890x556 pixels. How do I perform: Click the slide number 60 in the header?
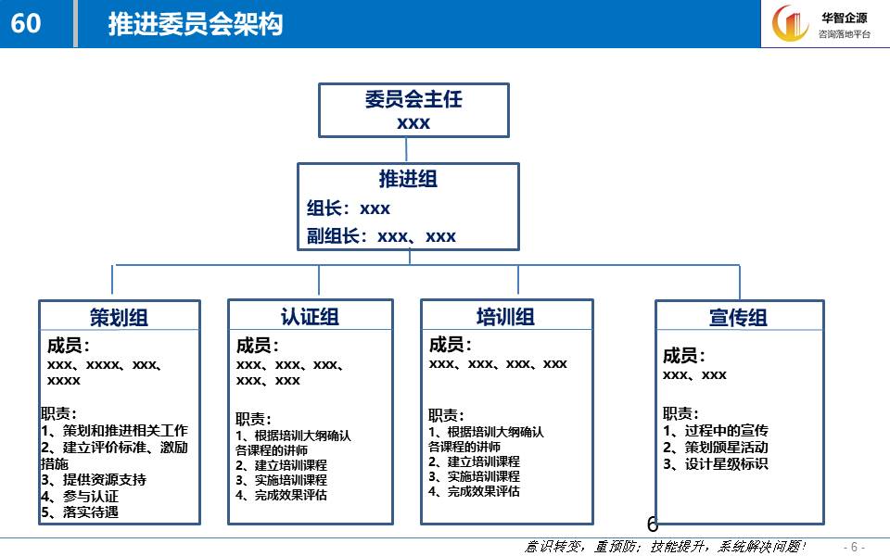click(x=26, y=23)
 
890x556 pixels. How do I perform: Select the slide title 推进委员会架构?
click(x=196, y=24)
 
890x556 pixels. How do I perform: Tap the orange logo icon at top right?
click(x=790, y=23)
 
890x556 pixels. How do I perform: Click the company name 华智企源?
click(x=844, y=18)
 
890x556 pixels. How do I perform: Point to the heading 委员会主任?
click(x=413, y=99)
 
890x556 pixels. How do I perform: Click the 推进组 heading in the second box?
click(x=408, y=179)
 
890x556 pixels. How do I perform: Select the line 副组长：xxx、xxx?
click(x=381, y=236)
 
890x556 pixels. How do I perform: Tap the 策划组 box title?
click(x=119, y=317)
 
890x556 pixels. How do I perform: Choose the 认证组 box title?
click(x=310, y=317)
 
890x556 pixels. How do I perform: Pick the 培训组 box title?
click(x=505, y=317)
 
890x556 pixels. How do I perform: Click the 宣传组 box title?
click(x=739, y=317)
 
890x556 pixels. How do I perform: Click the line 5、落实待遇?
click(x=80, y=512)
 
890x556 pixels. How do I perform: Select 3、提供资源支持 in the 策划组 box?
click(x=93, y=479)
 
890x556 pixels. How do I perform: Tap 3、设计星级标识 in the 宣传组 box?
click(x=715, y=464)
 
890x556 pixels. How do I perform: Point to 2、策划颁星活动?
click(x=715, y=447)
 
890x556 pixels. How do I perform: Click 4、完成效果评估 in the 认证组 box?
click(x=281, y=495)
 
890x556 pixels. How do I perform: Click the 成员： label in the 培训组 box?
click(x=451, y=344)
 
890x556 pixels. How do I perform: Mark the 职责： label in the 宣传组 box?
click(x=680, y=413)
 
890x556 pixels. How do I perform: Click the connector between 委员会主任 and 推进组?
click(x=406, y=150)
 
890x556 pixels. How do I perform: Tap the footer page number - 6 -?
click(x=854, y=547)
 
